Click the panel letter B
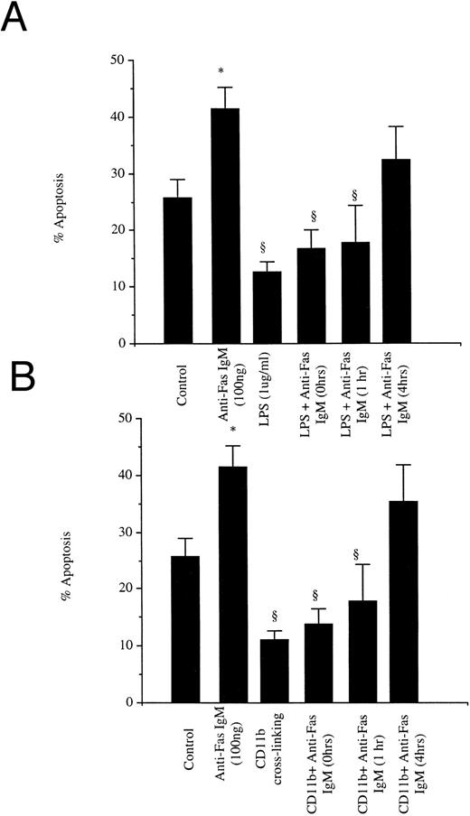(x=20, y=405)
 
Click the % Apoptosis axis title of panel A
(x=61, y=204)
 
